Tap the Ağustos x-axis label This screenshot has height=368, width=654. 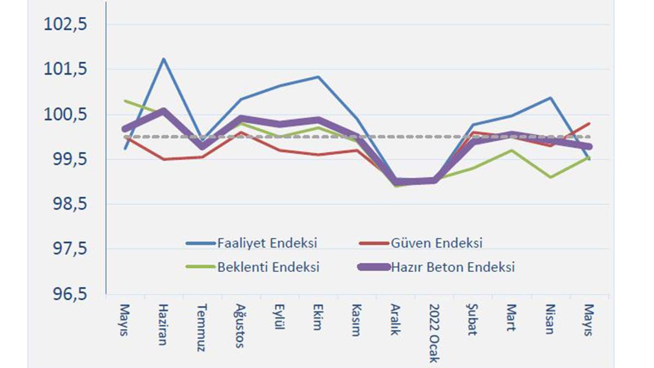click(x=240, y=325)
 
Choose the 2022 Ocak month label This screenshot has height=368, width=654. click(x=434, y=333)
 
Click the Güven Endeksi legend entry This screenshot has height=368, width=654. click(x=437, y=243)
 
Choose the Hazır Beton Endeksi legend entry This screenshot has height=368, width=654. click(x=452, y=267)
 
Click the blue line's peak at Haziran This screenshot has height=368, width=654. click(x=163, y=58)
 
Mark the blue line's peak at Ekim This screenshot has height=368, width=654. click(x=318, y=77)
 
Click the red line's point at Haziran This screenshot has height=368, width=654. click(x=163, y=159)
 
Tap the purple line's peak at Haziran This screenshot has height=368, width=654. click(x=163, y=111)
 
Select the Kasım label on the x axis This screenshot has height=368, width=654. click(x=356, y=320)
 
